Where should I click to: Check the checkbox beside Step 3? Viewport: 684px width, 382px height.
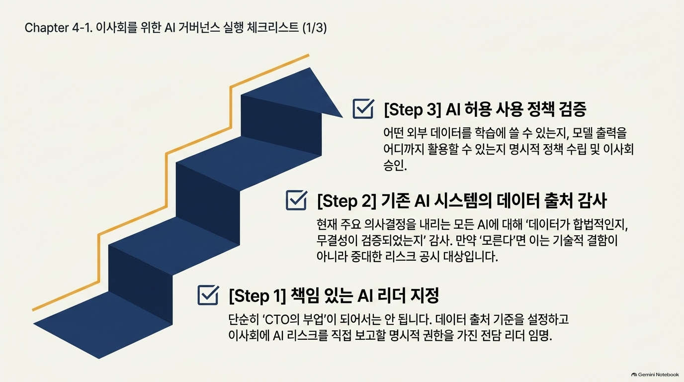(363, 108)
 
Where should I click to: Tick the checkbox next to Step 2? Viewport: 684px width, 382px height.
(296, 200)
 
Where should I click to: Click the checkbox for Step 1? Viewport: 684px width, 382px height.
(208, 295)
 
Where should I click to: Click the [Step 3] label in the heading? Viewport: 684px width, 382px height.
(412, 109)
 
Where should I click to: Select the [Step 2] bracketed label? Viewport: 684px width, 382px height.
(346, 201)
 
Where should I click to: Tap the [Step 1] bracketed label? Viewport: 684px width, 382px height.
(257, 296)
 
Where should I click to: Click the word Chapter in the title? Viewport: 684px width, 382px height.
(47, 28)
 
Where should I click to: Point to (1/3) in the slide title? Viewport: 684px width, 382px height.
(315, 28)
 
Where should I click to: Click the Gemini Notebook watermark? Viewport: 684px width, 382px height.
(655, 375)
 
